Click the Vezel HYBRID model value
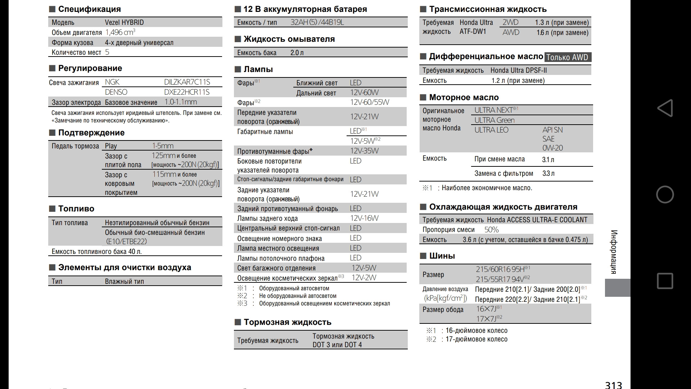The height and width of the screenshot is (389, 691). [x=124, y=22]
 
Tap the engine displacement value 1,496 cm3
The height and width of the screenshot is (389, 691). [x=120, y=32]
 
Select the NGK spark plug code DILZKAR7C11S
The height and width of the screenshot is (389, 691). [x=187, y=82]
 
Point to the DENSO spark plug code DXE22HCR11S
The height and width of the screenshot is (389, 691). [x=186, y=92]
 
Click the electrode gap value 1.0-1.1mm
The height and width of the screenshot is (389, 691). [x=180, y=102]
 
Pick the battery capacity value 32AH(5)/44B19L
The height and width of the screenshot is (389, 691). [x=317, y=22]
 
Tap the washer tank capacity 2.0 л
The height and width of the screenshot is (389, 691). [x=297, y=53]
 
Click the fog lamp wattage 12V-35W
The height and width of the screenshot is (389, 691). [x=364, y=151]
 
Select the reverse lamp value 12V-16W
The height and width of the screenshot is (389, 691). [x=364, y=218]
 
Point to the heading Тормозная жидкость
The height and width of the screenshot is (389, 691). [x=287, y=322]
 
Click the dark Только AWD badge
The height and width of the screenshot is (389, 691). [x=567, y=57]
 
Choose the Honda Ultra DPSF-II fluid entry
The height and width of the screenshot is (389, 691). [x=518, y=70]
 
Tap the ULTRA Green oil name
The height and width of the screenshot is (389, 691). [x=494, y=120]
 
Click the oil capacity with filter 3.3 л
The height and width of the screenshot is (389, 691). [x=548, y=174]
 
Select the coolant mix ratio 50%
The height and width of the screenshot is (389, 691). [x=491, y=230]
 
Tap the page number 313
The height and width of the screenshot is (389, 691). [x=613, y=385]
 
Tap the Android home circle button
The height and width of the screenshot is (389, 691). [x=665, y=194]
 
